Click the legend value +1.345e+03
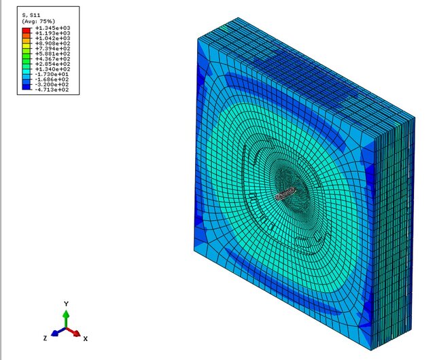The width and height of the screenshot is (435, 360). pos(53,28)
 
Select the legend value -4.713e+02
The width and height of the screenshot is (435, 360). pos(53,90)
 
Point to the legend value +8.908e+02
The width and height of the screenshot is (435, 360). pos(53,43)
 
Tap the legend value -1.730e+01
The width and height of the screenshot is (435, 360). pos(53,74)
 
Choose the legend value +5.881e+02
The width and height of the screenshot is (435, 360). pos(53,54)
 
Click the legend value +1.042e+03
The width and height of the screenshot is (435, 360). pos(53,38)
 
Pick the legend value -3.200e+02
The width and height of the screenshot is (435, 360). pos(53,85)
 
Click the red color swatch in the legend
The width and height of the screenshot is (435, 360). pos(26,31)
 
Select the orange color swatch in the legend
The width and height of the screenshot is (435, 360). pos(26,36)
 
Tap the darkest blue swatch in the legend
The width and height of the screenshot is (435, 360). pos(26,87)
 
